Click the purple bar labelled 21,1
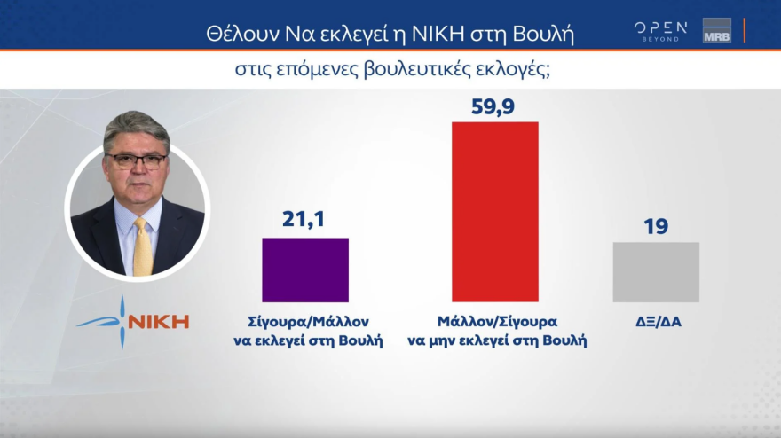tap(305, 270)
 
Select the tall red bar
tap(495, 211)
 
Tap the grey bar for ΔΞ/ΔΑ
tap(656, 272)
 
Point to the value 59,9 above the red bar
tap(495, 107)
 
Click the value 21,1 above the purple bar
tap(304, 219)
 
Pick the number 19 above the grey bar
tap(656, 226)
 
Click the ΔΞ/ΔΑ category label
tap(655, 322)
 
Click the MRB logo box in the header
tap(716, 30)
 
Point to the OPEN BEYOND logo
tap(660, 30)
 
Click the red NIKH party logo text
tap(159, 321)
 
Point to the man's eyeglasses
tap(135, 161)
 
